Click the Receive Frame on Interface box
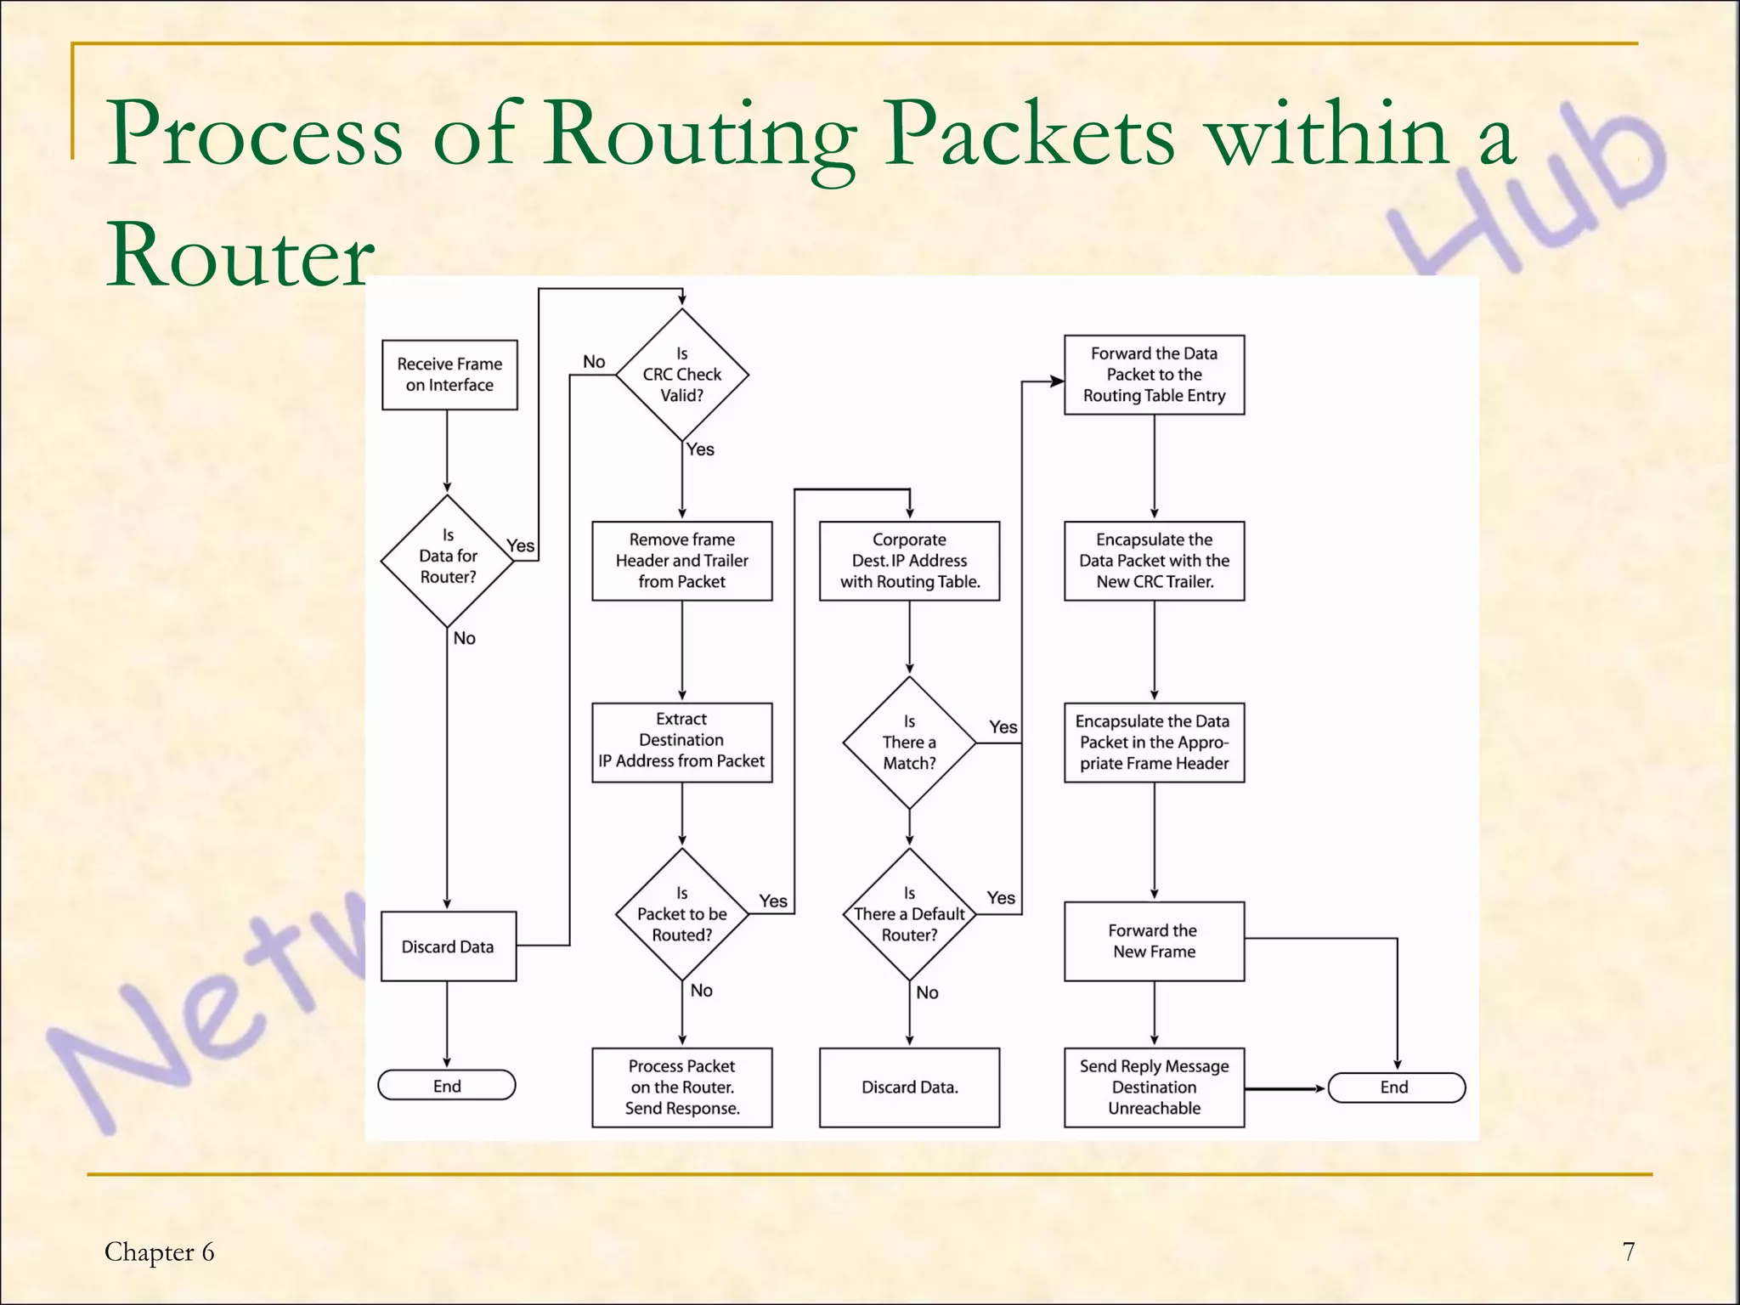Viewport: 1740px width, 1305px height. coord(449,375)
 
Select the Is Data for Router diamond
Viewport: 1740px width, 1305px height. coord(448,561)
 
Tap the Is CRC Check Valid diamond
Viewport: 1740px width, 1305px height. coord(681,375)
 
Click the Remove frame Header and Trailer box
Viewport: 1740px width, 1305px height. coord(681,561)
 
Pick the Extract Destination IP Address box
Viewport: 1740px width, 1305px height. coord(681,741)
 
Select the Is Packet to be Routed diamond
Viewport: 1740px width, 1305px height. coord(681,914)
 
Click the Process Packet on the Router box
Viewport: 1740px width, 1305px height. coord(681,1087)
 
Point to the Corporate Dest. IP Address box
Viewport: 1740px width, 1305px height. coord(909,561)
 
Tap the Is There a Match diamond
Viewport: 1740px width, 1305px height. coord(909,743)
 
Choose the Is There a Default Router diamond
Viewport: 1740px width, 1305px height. coord(909,914)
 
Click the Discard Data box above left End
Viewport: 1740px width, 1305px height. coord(448,946)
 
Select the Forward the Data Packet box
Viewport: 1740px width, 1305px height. coord(1154,375)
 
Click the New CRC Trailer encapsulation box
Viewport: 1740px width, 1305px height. coord(1154,561)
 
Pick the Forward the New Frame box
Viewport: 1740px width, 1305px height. coord(1154,941)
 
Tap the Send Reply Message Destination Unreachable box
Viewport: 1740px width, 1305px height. coord(1154,1087)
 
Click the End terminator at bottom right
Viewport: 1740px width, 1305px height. coord(1395,1087)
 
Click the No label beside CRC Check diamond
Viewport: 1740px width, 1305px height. coord(594,362)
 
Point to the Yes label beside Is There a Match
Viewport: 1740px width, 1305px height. coord(1003,727)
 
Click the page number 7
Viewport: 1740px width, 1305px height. coord(1628,1251)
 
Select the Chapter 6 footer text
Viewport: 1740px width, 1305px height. coord(160,1251)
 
